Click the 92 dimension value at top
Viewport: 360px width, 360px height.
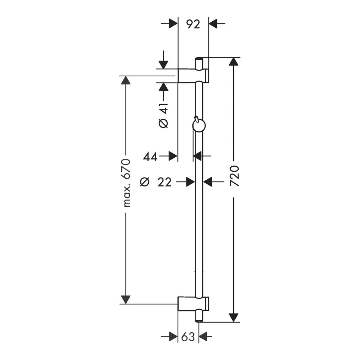tap(193, 24)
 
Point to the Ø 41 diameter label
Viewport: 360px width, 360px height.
tap(163, 116)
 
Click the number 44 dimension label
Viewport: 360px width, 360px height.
tap(150, 157)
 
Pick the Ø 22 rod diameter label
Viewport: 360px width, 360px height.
tap(156, 182)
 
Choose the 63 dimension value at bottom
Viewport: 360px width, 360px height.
tap(188, 337)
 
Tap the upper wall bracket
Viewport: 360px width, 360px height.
tap(194, 76)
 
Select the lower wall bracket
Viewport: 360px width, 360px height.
tap(193, 304)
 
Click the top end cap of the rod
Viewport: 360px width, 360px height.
tap(199, 63)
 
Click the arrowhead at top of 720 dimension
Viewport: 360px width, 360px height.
tap(234, 62)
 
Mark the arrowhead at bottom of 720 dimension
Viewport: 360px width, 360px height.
tap(234, 318)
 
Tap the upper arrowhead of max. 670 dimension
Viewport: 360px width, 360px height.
tap(126, 80)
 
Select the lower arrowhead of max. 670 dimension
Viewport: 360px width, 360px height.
tap(126, 300)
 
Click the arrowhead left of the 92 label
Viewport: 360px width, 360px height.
tap(174, 23)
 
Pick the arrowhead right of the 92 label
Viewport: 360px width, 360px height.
tap(213, 23)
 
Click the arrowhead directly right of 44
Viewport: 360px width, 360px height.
tap(173, 156)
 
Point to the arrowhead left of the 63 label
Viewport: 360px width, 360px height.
tap(174, 337)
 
